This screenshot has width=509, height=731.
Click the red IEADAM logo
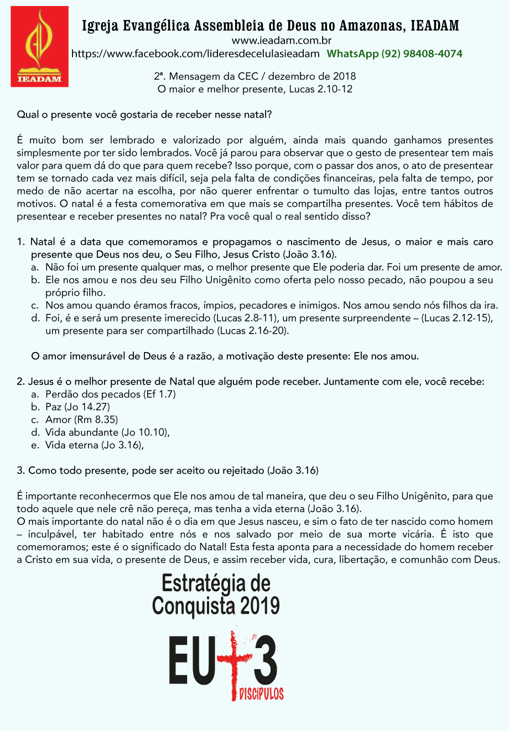tap(39, 46)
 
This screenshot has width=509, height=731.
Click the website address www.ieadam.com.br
tap(281, 40)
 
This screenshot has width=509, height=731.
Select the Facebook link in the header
tap(195, 54)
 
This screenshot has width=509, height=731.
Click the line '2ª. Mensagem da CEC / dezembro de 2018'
tap(254, 76)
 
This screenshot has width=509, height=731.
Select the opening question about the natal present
tap(144, 115)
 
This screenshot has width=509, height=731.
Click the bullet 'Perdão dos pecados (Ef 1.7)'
tap(111, 395)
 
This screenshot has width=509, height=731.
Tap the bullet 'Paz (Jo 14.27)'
tap(77, 407)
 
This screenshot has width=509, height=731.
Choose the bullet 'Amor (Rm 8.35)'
tap(81, 420)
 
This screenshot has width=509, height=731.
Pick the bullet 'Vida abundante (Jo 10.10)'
tap(107, 433)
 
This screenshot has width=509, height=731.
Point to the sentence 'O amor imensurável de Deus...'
tap(225, 356)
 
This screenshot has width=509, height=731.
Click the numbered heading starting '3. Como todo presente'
tap(168, 471)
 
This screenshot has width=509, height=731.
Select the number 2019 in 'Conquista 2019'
tap(259, 606)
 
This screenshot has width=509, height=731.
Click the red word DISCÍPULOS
tap(261, 694)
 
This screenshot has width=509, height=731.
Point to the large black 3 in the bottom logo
tap(264, 661)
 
